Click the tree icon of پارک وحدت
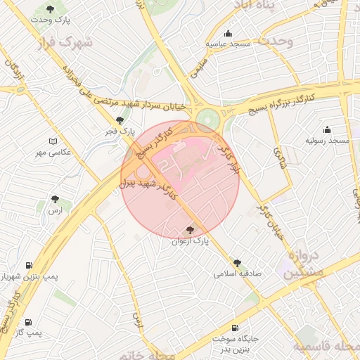point(51,8)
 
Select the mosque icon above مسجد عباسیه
point(228,33)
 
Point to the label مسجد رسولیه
point(327,141)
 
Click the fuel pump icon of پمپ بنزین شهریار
point(29,266)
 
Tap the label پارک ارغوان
point(191,241)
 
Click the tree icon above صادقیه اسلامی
point(237,262)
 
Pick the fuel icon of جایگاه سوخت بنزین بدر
point(234,328)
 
